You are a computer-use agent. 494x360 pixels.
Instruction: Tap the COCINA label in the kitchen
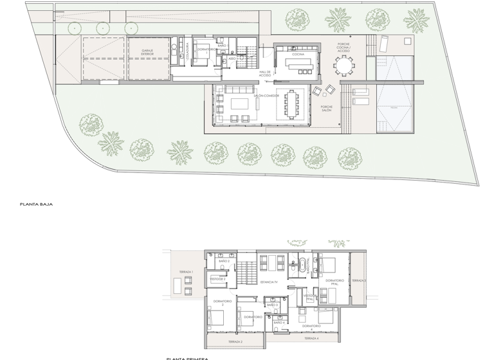[x=297, y=55]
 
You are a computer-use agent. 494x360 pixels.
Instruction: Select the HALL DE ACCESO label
[x=265, y=73]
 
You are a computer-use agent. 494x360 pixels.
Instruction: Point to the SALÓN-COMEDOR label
[x=266, y=95]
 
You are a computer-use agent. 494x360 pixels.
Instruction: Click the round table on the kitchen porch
[x=343, y=65]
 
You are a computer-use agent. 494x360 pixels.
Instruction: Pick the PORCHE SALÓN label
[x=326, y=109]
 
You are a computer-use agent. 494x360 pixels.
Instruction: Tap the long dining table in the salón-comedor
[x=294, y=104]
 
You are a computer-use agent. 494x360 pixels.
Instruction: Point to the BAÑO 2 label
[x=224, y=262]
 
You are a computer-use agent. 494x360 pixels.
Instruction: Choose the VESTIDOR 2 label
[x=218, y=279]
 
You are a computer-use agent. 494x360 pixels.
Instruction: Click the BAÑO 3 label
[x=272, y=304]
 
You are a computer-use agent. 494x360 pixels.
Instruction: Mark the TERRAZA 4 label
[x=311, y=337]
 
